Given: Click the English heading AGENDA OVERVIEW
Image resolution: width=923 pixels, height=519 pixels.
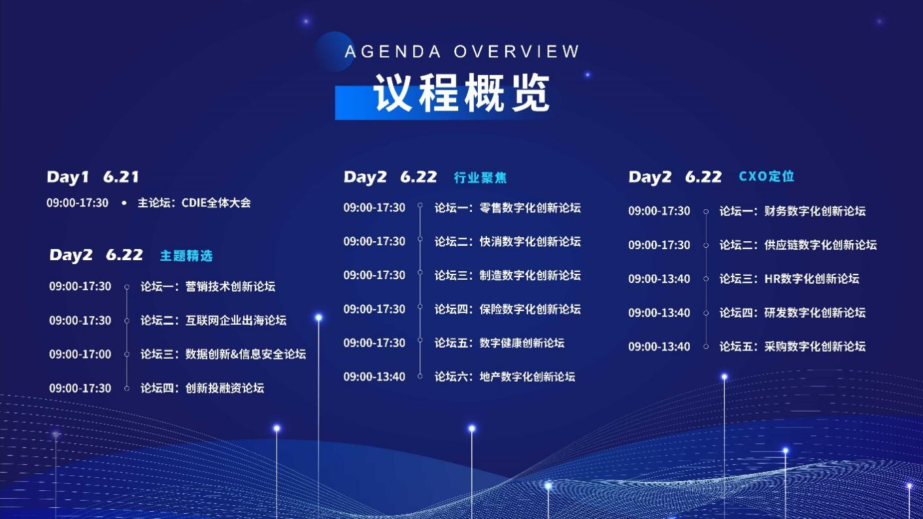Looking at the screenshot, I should click(x=462, y=52).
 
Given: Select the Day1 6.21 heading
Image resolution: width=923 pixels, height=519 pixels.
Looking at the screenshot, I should click(x=93, y=176).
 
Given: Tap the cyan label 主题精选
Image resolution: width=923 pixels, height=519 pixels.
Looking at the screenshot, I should click(x=186, y=256).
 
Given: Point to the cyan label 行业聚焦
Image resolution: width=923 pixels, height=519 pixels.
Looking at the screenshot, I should click(x=480, y=178).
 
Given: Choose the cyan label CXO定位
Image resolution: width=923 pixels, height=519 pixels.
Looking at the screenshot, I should click(x=766, y=176).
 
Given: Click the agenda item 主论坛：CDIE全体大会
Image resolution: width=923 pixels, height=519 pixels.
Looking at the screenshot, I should click(x=194, y=203).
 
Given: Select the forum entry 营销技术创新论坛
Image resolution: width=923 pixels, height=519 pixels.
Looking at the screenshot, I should click(x=208, y=286).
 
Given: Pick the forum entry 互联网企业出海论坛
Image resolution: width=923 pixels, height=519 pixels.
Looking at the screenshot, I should click(x=213, y=320).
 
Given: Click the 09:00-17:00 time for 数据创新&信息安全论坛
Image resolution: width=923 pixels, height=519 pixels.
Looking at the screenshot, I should click(x=80, y=354).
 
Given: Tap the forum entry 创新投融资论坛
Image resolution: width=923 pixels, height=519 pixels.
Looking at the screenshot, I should click(x=202, y=388).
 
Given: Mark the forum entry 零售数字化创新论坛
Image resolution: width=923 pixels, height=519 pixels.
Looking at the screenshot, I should click(x=507, y=208).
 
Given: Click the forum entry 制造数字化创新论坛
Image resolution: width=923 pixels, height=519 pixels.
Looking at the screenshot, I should click(x=507, y=275).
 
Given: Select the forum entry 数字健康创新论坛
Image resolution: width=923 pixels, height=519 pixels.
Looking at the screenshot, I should click(x=499, y=343).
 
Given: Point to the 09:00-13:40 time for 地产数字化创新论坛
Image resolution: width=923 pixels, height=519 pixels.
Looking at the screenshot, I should click(x=375, y=377).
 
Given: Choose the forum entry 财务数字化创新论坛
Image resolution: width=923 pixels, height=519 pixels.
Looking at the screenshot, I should click(x=792, y=211).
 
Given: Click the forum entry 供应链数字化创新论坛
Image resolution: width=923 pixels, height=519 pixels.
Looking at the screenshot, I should click(x=797, y=245).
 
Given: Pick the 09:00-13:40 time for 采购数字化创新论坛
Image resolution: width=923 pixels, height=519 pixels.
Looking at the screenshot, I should click(x=659, y=346).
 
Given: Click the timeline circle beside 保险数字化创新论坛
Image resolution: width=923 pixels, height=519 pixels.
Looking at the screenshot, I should click(x=420, y=309).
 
